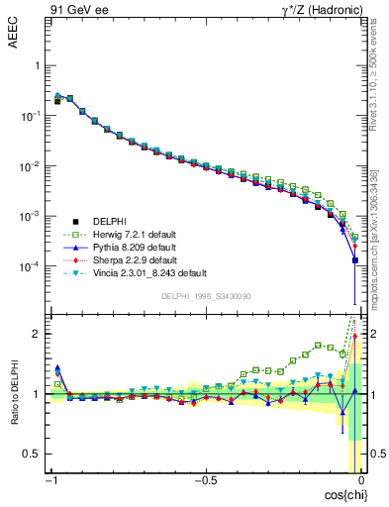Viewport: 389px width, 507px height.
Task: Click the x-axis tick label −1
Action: [x=50, y=480]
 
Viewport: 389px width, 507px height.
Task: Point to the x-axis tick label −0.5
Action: [x=203, y=480]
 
